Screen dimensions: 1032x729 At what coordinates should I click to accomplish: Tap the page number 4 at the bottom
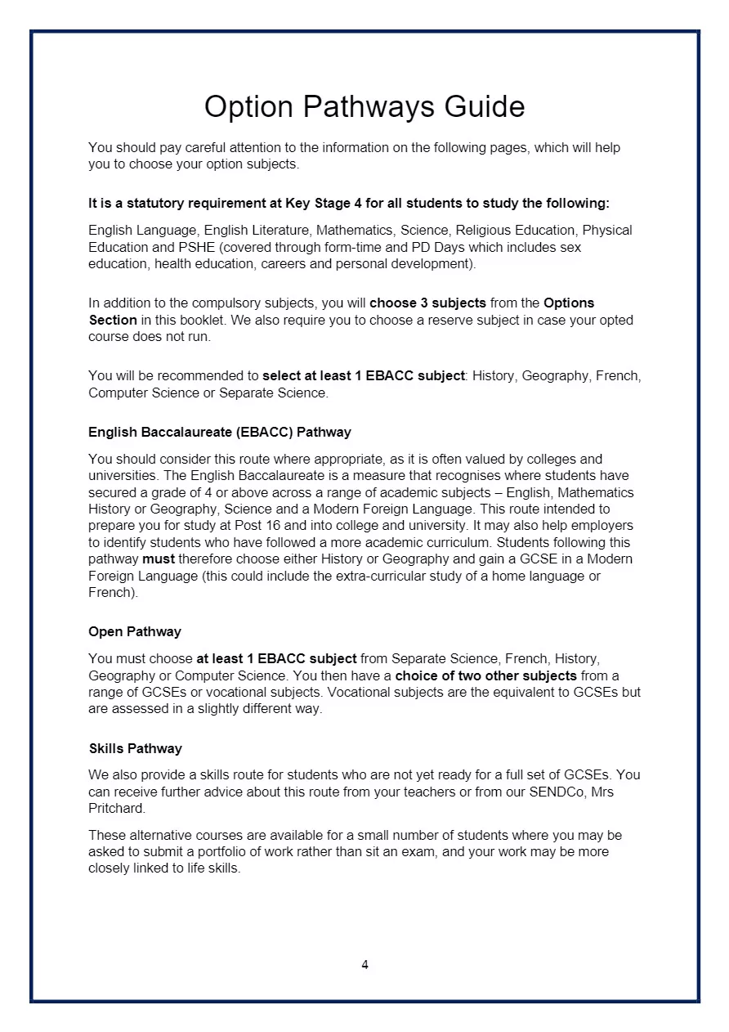pyautogui.click(x=364, y=965)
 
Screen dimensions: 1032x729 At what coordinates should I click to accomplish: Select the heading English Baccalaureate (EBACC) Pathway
pyautogui.click(x=220, y=432)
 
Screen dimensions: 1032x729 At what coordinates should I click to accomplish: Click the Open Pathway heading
pyautogui.click(x=135, y=631)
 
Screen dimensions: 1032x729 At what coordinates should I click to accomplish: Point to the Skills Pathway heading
pyautogui.click(x=135, y=748)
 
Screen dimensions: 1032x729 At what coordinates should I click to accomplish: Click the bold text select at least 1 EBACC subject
pyautogui.click(x=363, y=376)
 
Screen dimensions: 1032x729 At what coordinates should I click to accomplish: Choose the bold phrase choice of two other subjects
pyautogui.click(x=486, y=676)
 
